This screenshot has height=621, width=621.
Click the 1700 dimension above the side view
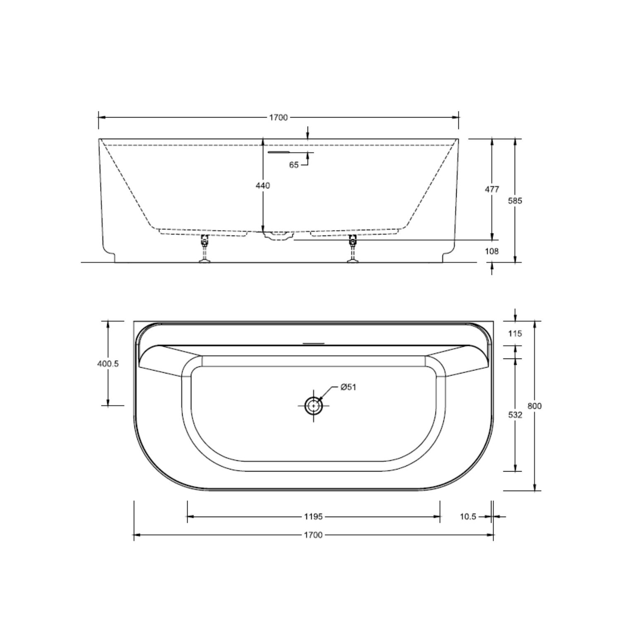pyautogui.click(x=278, y=118)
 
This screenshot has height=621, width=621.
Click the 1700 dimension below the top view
pyautogui.click(x=313, y=535)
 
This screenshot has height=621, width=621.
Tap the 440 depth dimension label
pyautogui.click(x=262, y=185)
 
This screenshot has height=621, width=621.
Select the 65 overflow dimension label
pyautogui.click(x=294, y=165)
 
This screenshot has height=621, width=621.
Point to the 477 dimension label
pyautogui.click(x=492, y=189)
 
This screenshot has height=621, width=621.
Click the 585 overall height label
pyautogui.click(x=515, y=201)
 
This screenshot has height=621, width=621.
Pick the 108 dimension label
pyautogui.click(x=492, y=251)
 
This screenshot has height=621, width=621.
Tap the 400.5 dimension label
pyautogui.click(x=108, y=363)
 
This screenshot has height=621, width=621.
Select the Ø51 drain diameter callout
pyautogui.click(x=348, y=387)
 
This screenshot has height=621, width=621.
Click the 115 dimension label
pyautogui.click(x=515, y=333)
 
